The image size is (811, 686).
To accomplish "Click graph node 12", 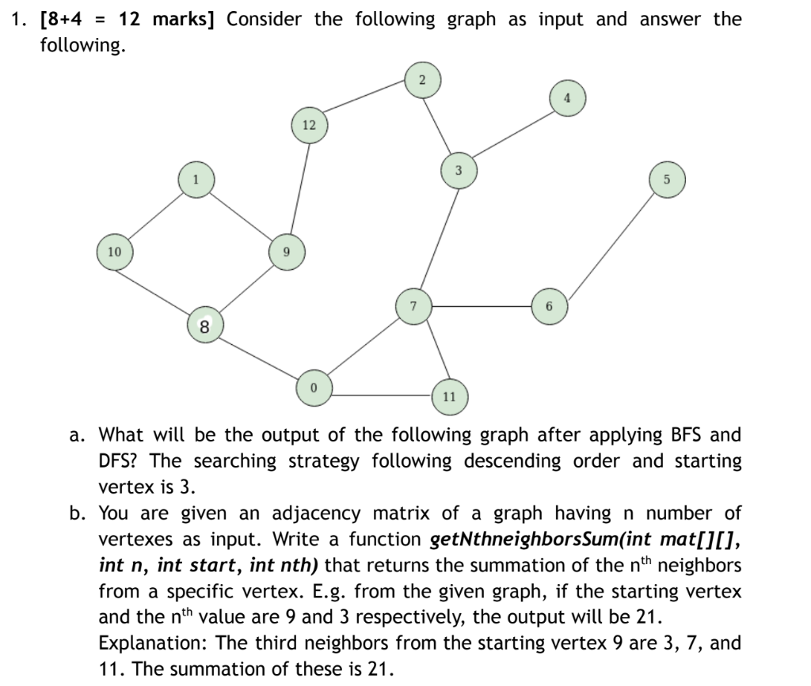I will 309,125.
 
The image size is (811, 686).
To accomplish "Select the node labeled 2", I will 422,80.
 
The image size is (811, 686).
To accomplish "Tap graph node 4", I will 566,99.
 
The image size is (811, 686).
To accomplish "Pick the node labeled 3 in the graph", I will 458,171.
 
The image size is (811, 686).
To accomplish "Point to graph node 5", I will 666,179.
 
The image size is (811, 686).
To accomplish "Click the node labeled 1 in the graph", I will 195,180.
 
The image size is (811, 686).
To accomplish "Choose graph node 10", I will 115,252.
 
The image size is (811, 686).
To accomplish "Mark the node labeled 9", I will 287,252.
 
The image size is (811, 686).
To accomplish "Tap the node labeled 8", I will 204,325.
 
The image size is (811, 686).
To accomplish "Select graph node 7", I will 413,306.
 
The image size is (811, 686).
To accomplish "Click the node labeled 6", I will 549,306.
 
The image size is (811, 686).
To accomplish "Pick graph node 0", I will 314,388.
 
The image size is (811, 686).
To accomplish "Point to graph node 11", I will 449,396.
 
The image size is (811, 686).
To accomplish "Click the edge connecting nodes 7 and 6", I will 481,306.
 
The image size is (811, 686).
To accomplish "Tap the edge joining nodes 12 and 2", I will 365,103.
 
